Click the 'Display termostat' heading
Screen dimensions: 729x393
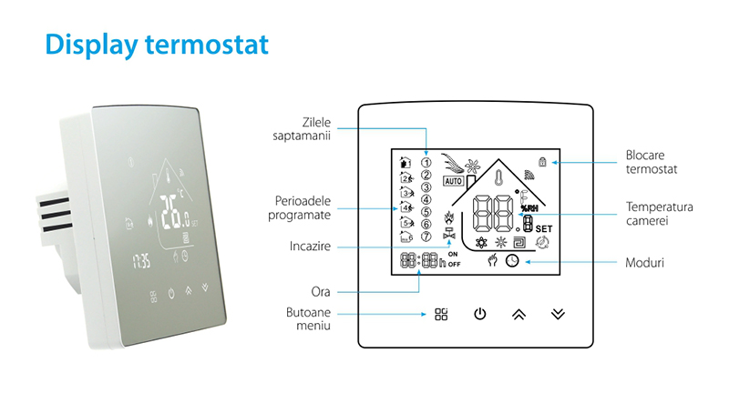[157, 45]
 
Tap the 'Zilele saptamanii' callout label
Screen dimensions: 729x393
[302, 129]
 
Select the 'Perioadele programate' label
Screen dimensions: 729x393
[300, 207]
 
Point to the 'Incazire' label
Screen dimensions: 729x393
[310, 246]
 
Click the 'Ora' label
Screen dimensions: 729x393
[321, 292]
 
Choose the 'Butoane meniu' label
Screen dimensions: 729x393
[308, 318]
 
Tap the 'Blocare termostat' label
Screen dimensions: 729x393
[652, 162]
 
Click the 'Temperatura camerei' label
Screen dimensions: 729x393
[659, 214]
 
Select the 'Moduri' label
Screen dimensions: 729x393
[644, 263]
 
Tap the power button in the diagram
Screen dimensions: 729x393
[480, 314]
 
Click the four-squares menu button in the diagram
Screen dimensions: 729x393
[441, 314]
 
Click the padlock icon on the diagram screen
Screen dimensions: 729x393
[542, 161]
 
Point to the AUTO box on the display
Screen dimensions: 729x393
[453, 181]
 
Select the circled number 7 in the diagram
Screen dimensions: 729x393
[426, 237]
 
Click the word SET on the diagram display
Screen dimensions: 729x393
[544, 228]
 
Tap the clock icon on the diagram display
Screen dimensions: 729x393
[512, 261]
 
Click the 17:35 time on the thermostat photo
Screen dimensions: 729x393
[141, 261]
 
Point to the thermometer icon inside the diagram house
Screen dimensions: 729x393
[498, 177]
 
